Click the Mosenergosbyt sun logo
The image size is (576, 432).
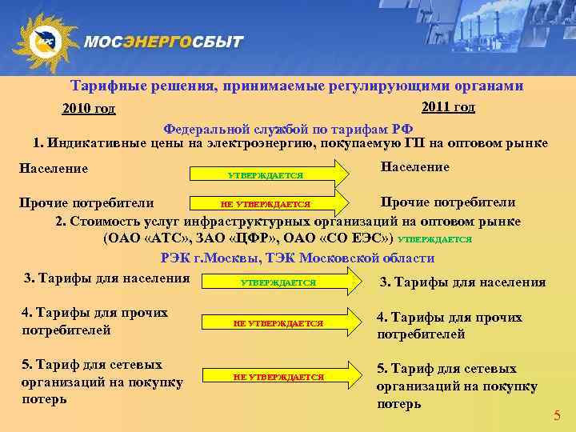click(45, 42)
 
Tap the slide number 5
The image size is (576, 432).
click(558, 415)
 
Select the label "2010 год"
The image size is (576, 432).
click(89, 110)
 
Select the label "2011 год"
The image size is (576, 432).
click(447, 107)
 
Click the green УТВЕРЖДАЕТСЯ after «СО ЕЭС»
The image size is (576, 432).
click(434, 238)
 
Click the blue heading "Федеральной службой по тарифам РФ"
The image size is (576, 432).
click(288, 129)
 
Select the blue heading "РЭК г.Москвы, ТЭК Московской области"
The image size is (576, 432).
click(298, 258)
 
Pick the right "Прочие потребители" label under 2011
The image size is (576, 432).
click(447, 202)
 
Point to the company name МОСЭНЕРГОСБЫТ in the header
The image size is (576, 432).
click(163, 42)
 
